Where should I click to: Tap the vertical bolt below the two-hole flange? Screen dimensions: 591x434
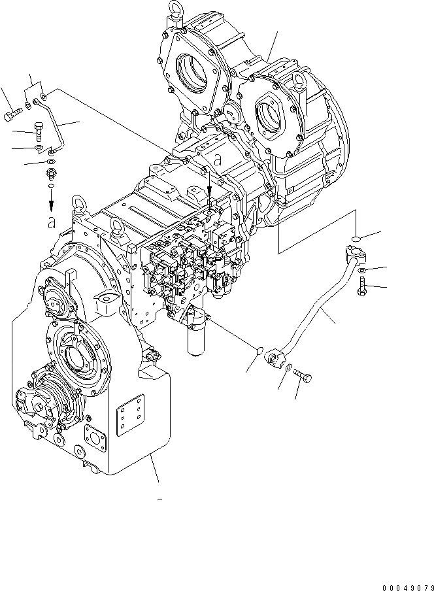[362, 286]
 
